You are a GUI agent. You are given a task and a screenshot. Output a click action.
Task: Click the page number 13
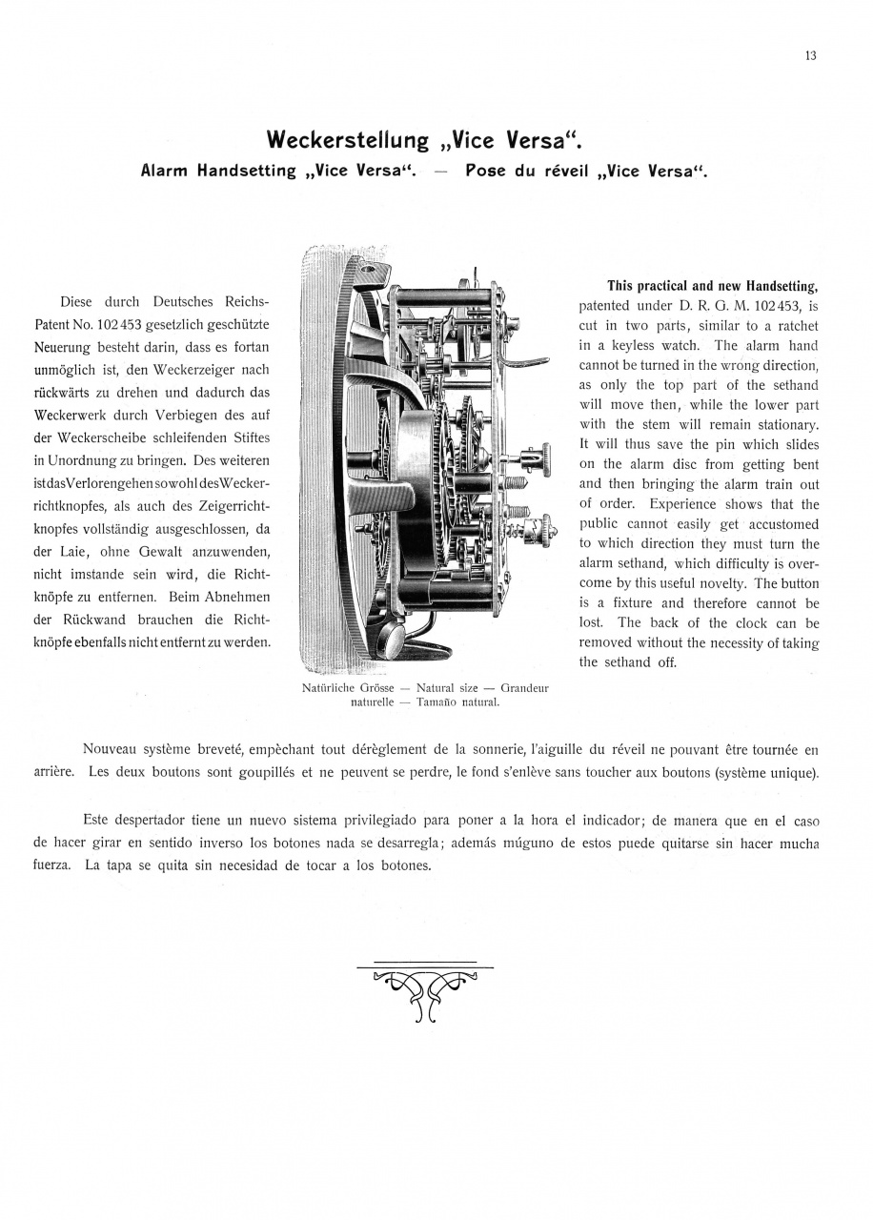[810, 55]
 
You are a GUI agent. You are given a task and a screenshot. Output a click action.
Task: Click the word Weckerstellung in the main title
[348, 141]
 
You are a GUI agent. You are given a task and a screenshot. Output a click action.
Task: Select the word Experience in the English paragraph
[683, 504]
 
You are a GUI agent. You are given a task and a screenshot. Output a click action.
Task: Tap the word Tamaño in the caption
[413, 701]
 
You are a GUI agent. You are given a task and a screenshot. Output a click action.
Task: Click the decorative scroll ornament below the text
[426, 991]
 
